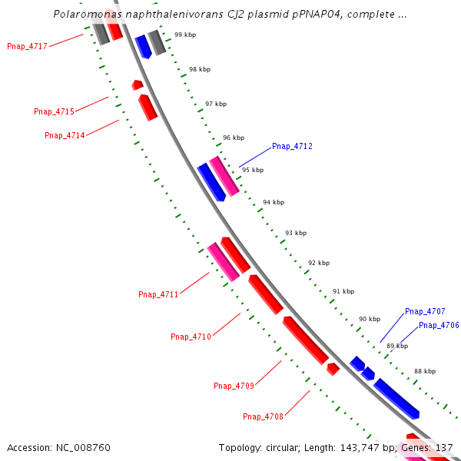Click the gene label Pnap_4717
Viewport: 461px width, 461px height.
click(x=28, y=46)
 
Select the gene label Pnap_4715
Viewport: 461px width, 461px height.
click(x=54, y=111)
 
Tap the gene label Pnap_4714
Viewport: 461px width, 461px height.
click(x=65, y=135)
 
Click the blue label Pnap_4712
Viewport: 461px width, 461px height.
click(x=292, y=146)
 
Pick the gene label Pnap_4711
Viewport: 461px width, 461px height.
click(x=158, y=294)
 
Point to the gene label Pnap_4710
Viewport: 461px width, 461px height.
click(x=191, y=337)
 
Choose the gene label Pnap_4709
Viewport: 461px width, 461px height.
click(x=234, y=386)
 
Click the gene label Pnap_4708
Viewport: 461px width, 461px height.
click(x=263, y=416)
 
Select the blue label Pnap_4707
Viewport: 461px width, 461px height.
click(x=425, y=311)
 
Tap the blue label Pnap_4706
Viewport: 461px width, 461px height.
click(x=439, y=325)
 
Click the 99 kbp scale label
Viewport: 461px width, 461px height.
click(x=184, y=35)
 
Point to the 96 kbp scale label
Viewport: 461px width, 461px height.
click(x=234, y=138)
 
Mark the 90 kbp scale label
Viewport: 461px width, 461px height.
click(x=370, y=318)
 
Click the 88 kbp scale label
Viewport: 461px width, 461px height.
click(x=425, y=371)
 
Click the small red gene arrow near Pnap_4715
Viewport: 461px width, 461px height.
click(x=138, y=85)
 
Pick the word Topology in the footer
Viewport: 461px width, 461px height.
click(x=240, y=447)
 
